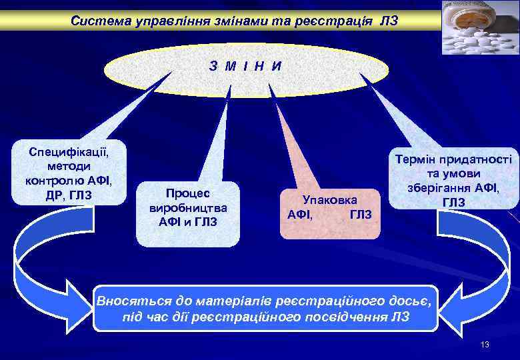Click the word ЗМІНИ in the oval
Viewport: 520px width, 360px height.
(245, 66)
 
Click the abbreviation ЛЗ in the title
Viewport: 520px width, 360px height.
(389, 21)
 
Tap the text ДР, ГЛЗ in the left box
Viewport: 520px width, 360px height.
(69, 195)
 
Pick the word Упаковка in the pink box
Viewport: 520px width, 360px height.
(330, 199)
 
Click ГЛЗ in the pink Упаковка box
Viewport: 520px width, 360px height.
(361, 214)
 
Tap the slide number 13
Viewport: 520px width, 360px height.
(485, 345)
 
